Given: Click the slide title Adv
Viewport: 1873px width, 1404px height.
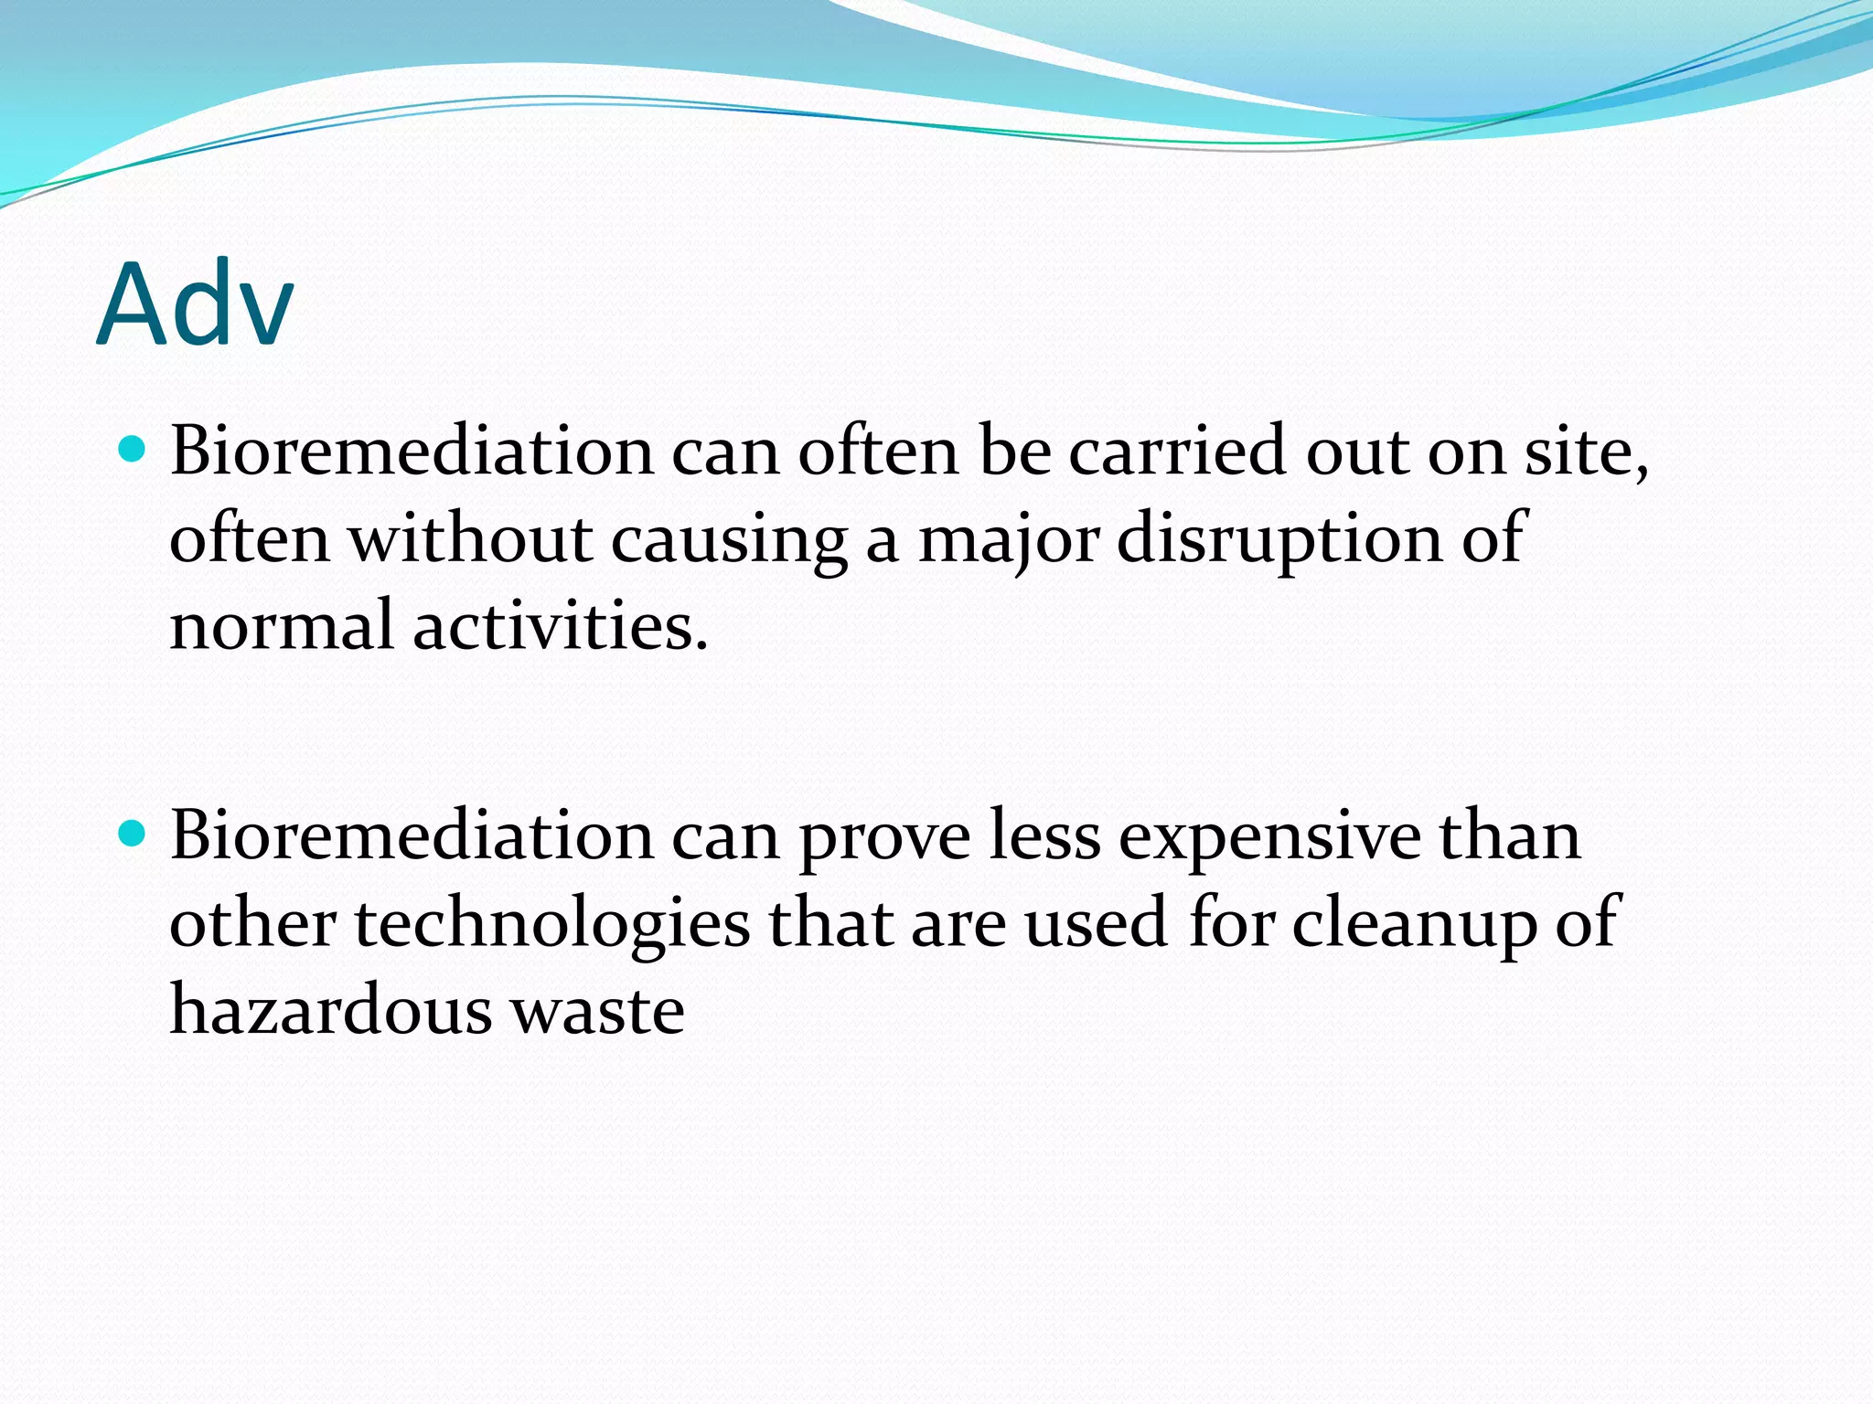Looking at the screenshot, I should pyautogui.click(x=195, y=303).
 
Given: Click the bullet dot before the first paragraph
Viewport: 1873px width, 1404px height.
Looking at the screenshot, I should pyautogui.click(x=133, y=450).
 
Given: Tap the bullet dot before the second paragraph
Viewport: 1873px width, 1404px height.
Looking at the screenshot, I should pyautogui.click(x=133, y=834).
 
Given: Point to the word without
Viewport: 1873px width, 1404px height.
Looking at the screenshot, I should pyautogui.click(x=470, y=538).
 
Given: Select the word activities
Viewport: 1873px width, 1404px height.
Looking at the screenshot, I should pyautogui.click(x=560, y=626).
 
